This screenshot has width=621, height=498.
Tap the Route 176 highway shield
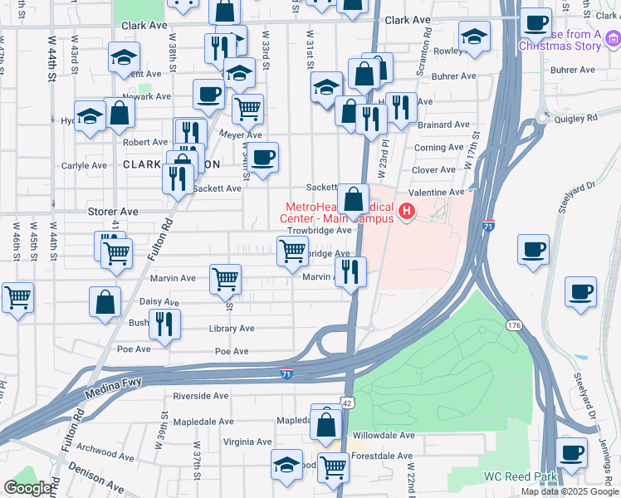tap(515, 326)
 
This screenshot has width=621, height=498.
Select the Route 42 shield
tap(349, 403)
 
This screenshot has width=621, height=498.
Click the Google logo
tap(28, 488)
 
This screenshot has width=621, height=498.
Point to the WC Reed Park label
tap(520, 477)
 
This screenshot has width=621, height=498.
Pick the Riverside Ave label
tap(200, 396)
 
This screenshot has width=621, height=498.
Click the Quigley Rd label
tap(580, 119)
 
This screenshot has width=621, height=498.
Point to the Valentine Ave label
tap(437, 192)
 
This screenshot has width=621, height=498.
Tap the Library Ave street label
tap(232, 329)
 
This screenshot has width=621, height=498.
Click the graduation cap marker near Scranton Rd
tap(474, 37)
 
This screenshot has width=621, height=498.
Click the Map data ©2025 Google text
tap(570, 491)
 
